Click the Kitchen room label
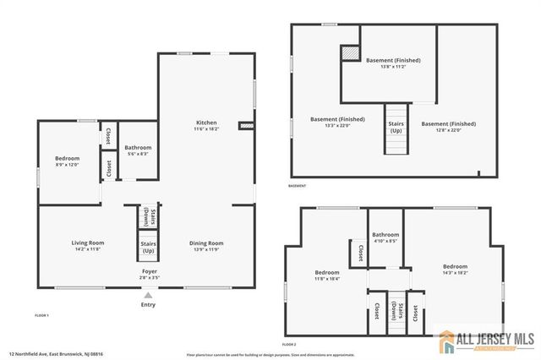[x=205, y=123]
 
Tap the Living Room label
[x=86, y=243]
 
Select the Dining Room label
[x=205, y=243]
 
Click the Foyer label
[x=149, y=271]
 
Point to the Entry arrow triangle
[x=149, y=295]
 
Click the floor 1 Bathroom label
[x=138, y=148]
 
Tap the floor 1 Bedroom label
[x=67, y=159]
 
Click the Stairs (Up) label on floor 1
[x=148, y=248]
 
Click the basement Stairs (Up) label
[x=396, y=127]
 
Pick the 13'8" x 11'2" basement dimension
[x=393, y=67]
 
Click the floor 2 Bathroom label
[x=385, y=234]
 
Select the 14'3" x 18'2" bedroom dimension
[x=455, y=273]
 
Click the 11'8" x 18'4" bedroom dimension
[x=327, y=278]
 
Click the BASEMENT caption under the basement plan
[x=297, y=186]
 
